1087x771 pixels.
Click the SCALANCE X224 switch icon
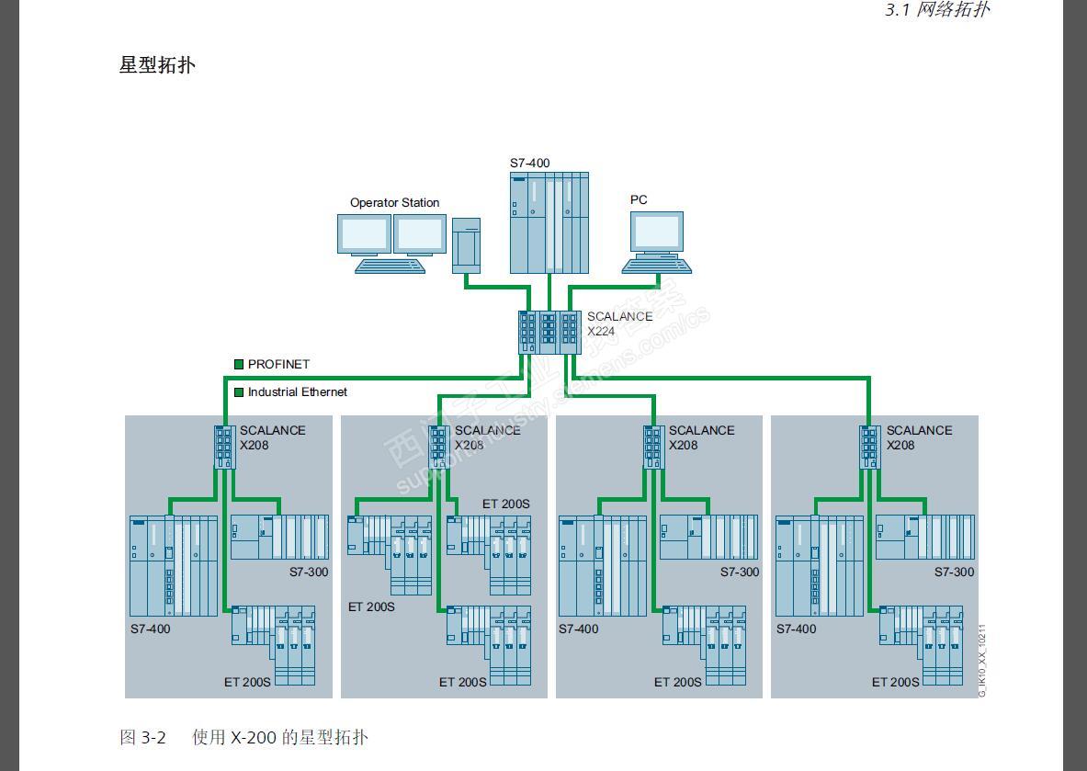tap(549, 332)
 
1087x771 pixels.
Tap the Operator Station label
tap(394, 203)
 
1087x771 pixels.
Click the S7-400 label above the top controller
tap(530, 164)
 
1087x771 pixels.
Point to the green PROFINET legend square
tap(239, 365)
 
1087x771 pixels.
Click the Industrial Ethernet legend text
tap(297, 392)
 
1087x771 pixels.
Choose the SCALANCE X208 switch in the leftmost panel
tap(225, 447)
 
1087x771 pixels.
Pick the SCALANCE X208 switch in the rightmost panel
tap(870, 447)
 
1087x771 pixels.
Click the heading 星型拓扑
tap(157, 65)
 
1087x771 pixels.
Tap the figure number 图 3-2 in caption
tap(142, 737)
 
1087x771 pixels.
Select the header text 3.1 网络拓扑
tap(937, 10)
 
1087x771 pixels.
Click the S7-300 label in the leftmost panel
tap(309, 572)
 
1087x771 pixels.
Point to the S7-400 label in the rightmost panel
tap(796, 629)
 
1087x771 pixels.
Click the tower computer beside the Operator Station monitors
tap(466, 244)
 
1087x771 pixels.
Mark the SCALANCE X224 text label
tap(619, 323)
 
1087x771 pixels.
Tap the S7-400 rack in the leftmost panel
tap(174, 565)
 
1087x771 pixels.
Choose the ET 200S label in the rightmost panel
tap(895, 682)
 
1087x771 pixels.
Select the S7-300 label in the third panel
tap(740, 572)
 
